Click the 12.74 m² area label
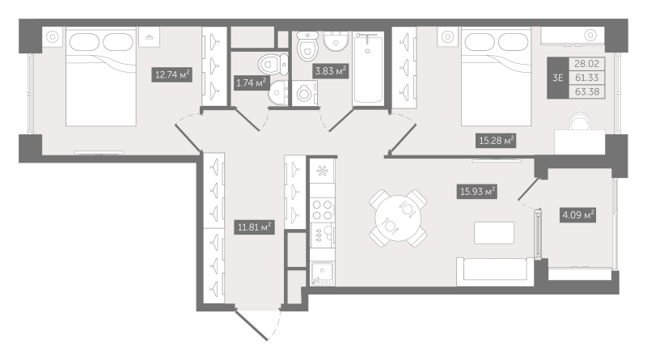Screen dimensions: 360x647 point(172,75)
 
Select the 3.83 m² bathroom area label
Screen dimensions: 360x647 point(330,70)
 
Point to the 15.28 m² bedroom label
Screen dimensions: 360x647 point(497,142)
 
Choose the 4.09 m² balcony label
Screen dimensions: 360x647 point(577,215)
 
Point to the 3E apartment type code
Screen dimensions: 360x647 point(557,78)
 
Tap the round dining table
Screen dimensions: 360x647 point(395,217)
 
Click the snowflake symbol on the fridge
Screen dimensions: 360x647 point(320,172)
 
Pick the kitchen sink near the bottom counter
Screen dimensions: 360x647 point(322,274)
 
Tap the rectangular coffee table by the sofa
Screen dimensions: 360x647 point(493,231)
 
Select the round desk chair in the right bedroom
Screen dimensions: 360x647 point(579,121)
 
